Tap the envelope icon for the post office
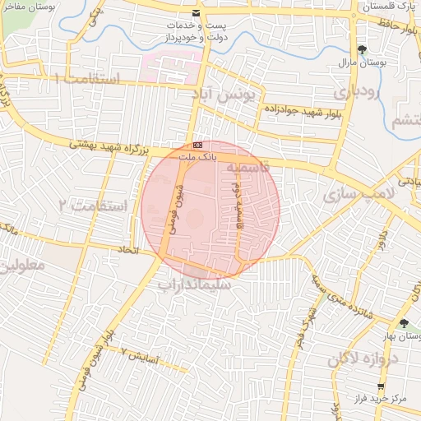point(195,13)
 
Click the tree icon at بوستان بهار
point(403,322)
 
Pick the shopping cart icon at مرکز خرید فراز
point(380,386)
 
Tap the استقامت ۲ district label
point(98,204)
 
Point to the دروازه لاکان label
point(363,359)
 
